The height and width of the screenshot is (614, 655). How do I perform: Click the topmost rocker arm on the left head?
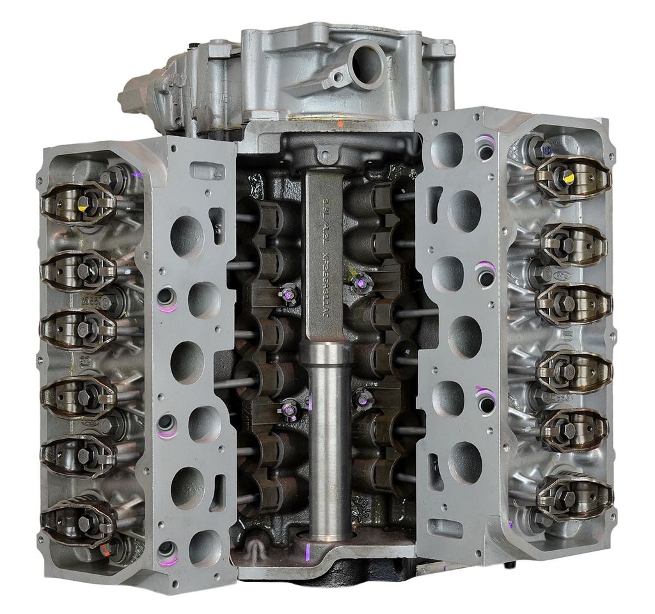[x=79, y=202]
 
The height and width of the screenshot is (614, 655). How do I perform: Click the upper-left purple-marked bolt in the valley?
[x=289, y=294]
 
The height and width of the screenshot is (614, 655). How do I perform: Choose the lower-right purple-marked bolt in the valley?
[x=363, y=399]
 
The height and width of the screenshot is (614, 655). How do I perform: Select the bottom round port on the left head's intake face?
[x=205, y=547]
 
